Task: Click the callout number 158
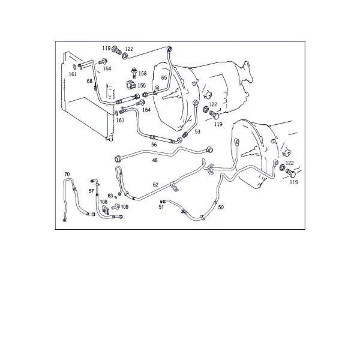click(x=142, y=73)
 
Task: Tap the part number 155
click(x=142, y=85)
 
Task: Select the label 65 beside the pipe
click(x=164, y=77)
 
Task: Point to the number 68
click(x=89, y=81)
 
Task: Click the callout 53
click(x=197, y=131)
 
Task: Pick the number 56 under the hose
click(x=154, y=145)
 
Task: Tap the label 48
click(x=155, y=160)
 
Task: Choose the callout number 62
click(x=155, y=185)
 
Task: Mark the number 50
click(x=221, y=208)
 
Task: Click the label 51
click(x=161, y=207)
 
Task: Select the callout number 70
click(x=67, y=175)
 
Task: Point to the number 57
click(x=91, y=191)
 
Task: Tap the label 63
click(x=110, y=196)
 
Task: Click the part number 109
click(x=124, y=207)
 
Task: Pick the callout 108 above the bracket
click(x=104, y=202)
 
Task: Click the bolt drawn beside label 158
click(x=134, y=73)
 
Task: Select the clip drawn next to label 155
click(x=131, y=85)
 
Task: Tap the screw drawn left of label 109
click(x=116, y=206)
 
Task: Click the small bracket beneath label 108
click(x=105, y=211)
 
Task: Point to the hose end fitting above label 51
click(x=163, y=202)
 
